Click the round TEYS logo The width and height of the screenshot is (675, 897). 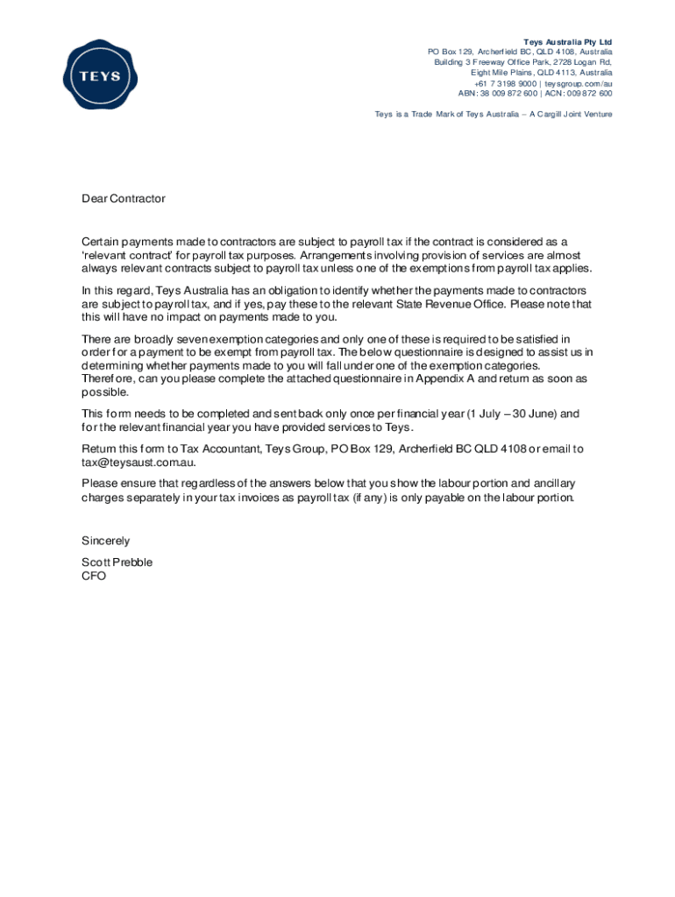click(97, 74)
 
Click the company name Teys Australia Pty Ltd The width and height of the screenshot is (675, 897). click(568, 42)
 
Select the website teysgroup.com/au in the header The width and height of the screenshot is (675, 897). click(578, 83)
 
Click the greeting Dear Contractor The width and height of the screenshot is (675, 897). click(124, 199)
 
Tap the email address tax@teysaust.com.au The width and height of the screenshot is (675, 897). click(139, 463)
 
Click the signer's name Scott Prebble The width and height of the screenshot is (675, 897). click(117, 562)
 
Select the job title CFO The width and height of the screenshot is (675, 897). click(94, 576)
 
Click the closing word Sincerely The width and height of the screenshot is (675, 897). click(106, 540)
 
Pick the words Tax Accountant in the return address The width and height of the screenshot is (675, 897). click(220, 449)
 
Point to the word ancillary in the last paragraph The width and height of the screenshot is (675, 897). click(551, 484)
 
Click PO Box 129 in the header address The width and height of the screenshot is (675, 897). click(451, 52)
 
